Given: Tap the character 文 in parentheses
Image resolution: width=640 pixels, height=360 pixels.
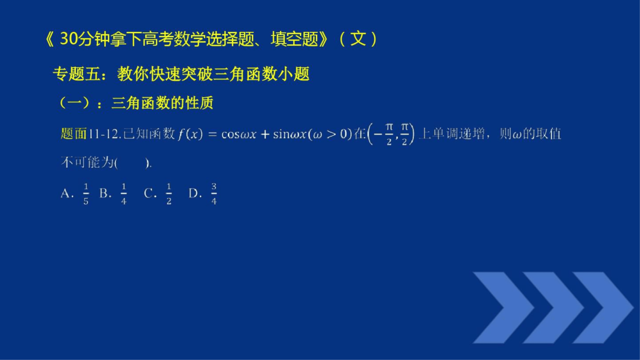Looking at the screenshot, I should (358, 39).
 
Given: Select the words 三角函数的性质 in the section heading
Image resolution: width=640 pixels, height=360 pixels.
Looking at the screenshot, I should (162, 103).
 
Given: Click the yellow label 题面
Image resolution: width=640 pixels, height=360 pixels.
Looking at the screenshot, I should (74, 134).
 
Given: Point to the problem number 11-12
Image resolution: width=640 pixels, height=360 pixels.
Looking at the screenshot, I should (104, 134).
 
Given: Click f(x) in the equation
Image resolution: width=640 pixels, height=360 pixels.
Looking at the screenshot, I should (189, 134).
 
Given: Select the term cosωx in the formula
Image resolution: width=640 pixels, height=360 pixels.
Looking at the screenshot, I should (238, 134).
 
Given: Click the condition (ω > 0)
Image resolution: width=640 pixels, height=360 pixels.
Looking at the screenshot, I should (329, 134).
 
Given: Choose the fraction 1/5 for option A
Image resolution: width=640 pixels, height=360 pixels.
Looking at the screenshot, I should (86, 194).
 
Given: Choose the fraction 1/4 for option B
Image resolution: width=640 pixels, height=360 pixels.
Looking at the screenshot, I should (123, 194).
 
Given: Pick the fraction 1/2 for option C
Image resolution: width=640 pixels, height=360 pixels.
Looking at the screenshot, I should (169, 194).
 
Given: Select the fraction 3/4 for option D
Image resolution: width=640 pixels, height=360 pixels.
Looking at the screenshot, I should (214, 194).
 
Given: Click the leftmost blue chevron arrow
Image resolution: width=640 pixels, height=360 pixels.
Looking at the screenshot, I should (500, 307).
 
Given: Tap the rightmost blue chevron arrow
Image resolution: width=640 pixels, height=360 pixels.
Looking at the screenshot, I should (600, 307).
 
